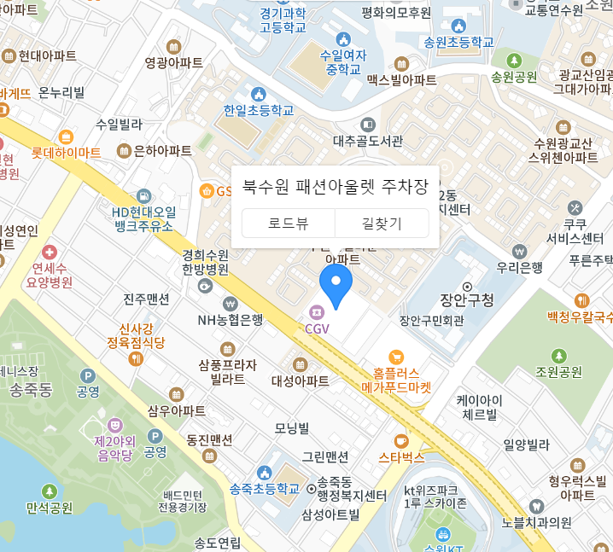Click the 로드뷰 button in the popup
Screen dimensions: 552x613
289,224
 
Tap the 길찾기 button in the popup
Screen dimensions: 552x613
382,224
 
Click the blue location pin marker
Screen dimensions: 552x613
336,285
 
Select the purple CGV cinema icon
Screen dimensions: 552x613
316,312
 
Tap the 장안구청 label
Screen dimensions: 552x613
467,300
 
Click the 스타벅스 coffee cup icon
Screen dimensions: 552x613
401,441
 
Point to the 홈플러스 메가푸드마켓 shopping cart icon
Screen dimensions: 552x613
395,357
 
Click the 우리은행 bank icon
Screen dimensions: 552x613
519,252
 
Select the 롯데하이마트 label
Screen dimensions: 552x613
66,153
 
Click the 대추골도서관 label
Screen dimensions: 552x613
368,141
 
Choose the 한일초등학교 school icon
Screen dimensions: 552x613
258,93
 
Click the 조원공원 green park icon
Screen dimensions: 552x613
558,355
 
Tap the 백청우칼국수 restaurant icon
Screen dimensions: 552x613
581,300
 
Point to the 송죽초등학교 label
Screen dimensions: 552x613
265,489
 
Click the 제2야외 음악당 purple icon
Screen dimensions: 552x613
114,424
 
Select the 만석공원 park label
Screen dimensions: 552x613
50,508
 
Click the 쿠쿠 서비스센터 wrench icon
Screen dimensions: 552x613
575,207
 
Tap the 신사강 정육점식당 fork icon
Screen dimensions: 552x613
136,358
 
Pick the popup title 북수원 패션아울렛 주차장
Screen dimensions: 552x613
335,186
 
